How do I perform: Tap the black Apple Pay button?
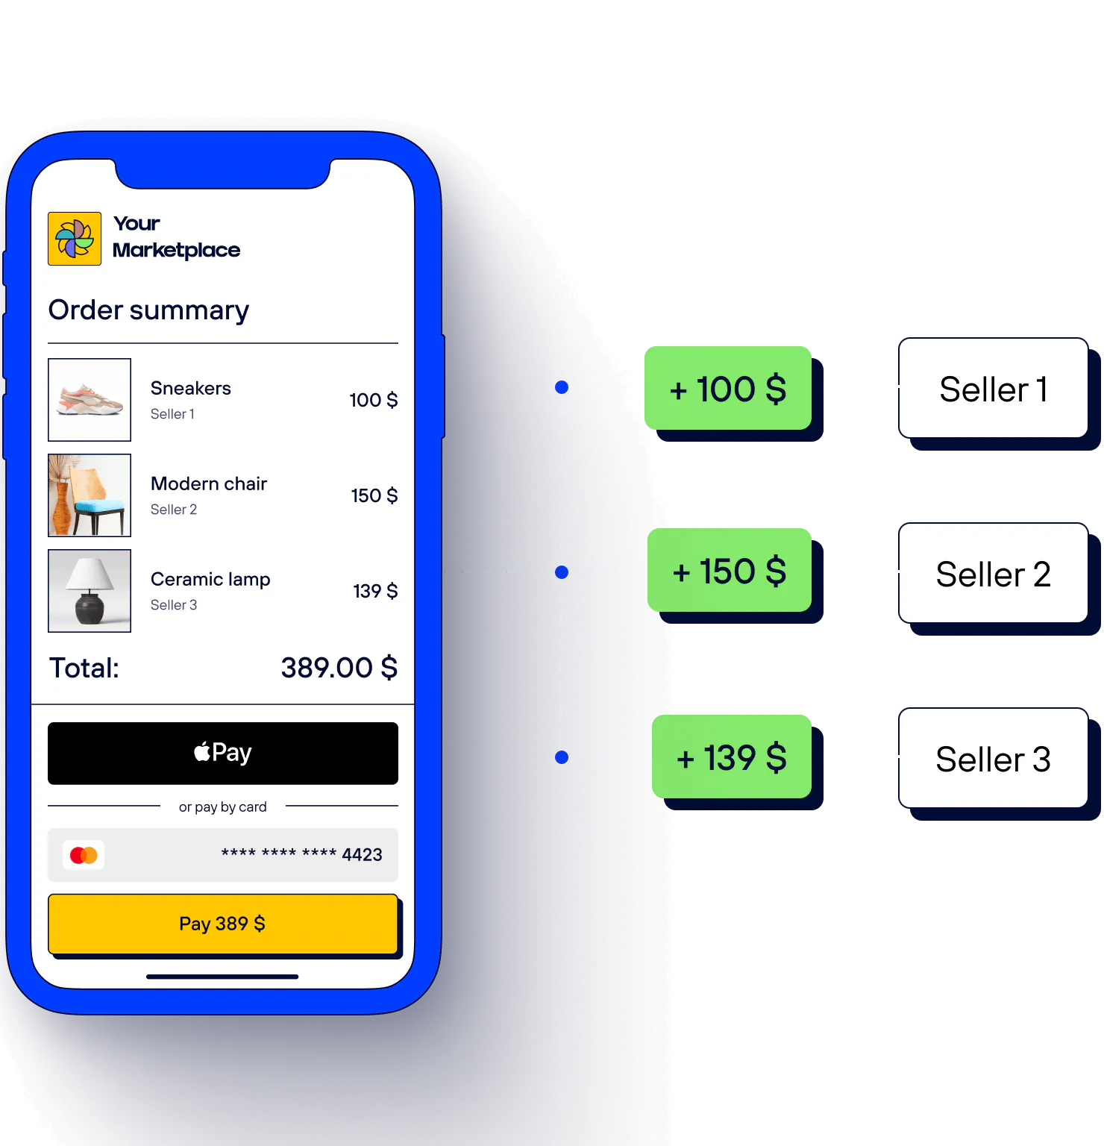[x=222, y=753]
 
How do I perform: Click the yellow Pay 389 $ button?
[x=222, y=924]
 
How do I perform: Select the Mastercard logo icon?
[x=84, y=855]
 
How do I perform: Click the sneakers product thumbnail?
[x=90, y=400]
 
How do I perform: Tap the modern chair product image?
[x=90, y=495]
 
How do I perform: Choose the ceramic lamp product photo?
[x=90, y=591]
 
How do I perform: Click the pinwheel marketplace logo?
[x=75, y=239]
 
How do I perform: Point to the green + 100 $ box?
[x=728, y=388]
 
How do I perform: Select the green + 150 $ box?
[x=730, y=571]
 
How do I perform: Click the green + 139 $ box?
[x=732, y=757]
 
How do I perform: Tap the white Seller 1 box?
[x=993, y=389]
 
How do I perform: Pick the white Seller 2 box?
[x=993, y=574]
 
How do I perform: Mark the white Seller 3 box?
[x=993, y=759]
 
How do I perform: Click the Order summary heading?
[x=148, y=310]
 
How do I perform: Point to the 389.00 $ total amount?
[x=339, y=668]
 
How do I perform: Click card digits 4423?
[x=362, y=855]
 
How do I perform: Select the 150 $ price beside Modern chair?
[x=374, y=495]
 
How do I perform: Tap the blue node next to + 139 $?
[x=561, y=757]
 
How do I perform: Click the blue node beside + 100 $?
[x=561, y=387]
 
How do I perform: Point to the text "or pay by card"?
[x=222, y=807]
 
